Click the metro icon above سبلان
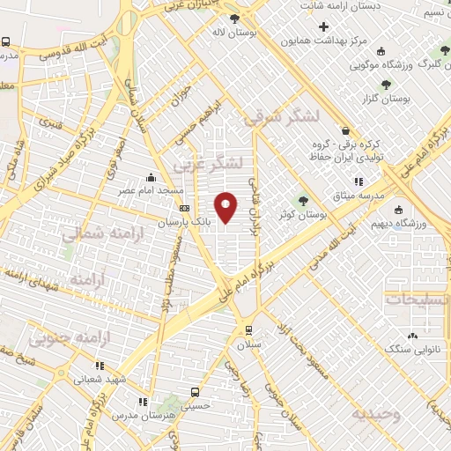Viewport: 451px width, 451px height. (x=248, y=330)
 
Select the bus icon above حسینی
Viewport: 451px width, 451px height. (x=196, y=392)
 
